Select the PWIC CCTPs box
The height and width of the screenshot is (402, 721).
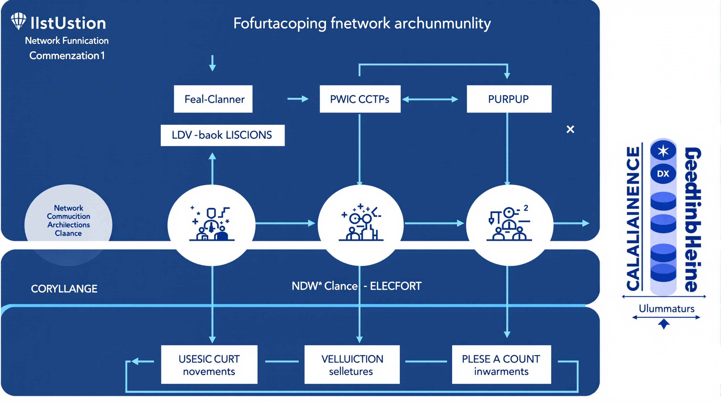click(x=360, y=99)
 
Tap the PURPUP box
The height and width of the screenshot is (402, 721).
click(x=509, y=99)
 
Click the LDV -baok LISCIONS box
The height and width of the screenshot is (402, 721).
click(x=222, y=135)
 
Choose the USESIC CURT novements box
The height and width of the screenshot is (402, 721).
click(x=209, y=365)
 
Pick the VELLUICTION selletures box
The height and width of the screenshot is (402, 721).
click(x=352, y=365)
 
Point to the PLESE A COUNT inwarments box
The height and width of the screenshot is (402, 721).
click(x=501, y=365)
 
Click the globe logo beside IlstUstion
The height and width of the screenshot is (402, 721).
click(x=19, y=21)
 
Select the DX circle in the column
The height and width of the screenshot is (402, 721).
click(x=663, y=174)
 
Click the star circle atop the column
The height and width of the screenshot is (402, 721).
click(x=663, y=151)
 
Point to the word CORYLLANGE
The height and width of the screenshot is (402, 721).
click(x=64, y=289)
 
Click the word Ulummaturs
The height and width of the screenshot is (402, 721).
click(x=667, y=309)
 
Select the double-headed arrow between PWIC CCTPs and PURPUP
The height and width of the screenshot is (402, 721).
click(x=430, y=99)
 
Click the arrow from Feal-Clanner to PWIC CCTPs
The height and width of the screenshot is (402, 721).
click(x=298, y=99)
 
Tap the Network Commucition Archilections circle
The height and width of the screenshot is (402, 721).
click(x=68, y=221)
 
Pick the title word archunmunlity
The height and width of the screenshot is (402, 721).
click(x=443, y=24)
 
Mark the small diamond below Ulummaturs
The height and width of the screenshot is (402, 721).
click(x=664, y=324)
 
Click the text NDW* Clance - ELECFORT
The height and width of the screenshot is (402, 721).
click(x=356, y=286)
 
